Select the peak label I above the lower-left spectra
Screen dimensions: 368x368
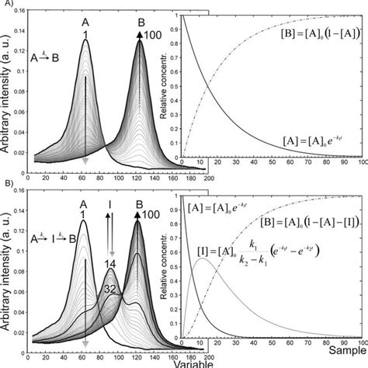tap(110, 206)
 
